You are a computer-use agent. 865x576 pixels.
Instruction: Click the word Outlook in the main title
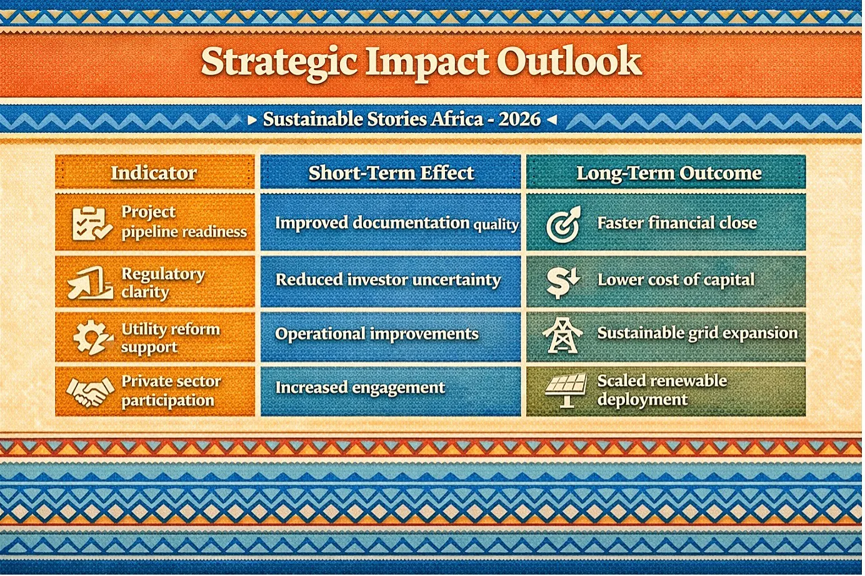tap(569, 62)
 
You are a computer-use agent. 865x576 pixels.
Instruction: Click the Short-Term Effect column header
tap(391, 172)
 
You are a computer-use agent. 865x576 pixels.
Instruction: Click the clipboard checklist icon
tap(92, 224)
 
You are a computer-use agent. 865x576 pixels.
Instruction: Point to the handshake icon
tap(90, 392)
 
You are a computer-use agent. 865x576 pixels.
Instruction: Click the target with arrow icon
tap(563, 224)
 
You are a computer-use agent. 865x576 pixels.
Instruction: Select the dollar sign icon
tap(562, 282)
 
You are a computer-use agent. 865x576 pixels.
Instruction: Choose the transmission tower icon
tap(562, 335)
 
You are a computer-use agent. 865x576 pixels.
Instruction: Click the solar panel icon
tap(566, 390)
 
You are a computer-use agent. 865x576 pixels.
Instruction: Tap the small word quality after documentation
tap(496, 224)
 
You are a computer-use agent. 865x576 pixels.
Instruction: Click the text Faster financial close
tap(677, 223)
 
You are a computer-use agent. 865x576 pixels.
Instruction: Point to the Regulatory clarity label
tap(163, 282)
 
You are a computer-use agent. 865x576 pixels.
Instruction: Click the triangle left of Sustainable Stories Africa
tap(252, 120)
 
